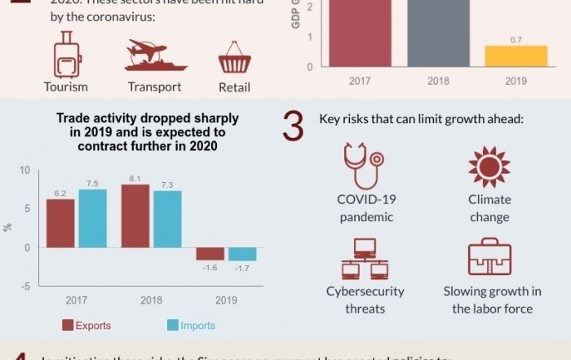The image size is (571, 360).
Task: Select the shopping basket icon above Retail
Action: [234, 58]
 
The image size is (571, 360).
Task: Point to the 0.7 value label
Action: [516, 39]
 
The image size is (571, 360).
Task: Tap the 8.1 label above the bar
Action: [135, 178]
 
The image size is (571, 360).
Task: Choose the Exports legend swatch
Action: [68, 326]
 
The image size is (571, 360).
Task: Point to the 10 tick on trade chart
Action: [24, 170]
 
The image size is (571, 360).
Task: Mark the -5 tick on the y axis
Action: [25, 286]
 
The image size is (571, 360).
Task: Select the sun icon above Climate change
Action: [489, 167]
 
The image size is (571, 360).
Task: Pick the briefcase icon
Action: [489, 258]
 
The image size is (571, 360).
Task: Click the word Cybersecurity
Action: [365, 291]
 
